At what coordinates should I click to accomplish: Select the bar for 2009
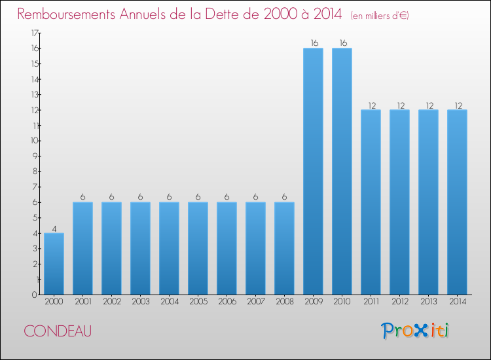coord(313,171)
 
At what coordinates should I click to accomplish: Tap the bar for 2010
coord(342,171)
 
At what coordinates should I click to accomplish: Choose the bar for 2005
coord(198,248)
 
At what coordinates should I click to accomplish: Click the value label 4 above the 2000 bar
coord(54,228)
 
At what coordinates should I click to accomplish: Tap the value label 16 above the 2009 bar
coord(313,43)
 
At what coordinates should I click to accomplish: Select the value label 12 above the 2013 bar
coord(428,105)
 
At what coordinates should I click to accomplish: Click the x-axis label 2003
coord(140,302)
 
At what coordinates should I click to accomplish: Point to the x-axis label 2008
coord(284,302)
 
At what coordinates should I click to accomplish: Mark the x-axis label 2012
coord(399,302)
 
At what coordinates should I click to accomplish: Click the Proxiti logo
coord(416,331)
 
